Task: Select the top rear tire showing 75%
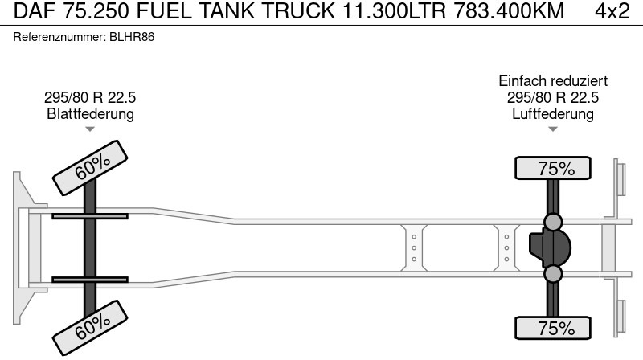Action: click(x=553, y=169)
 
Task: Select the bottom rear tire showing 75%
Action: click(x=553, y=328)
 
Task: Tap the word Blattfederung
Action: click(x=90, y=113)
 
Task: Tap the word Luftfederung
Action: click(x=553, y=113)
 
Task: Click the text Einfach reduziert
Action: click(x=553, y=81)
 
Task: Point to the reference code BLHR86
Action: click(x=131, y=38)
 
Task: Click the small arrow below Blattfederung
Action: click(x=90, y=129)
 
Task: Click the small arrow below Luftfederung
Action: click(x=553, y=129)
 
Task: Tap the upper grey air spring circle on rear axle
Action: click(x=553, y=222)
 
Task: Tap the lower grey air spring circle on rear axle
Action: click(x=553, y=275)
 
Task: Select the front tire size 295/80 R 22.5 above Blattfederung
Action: click(x=90, y=97)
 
